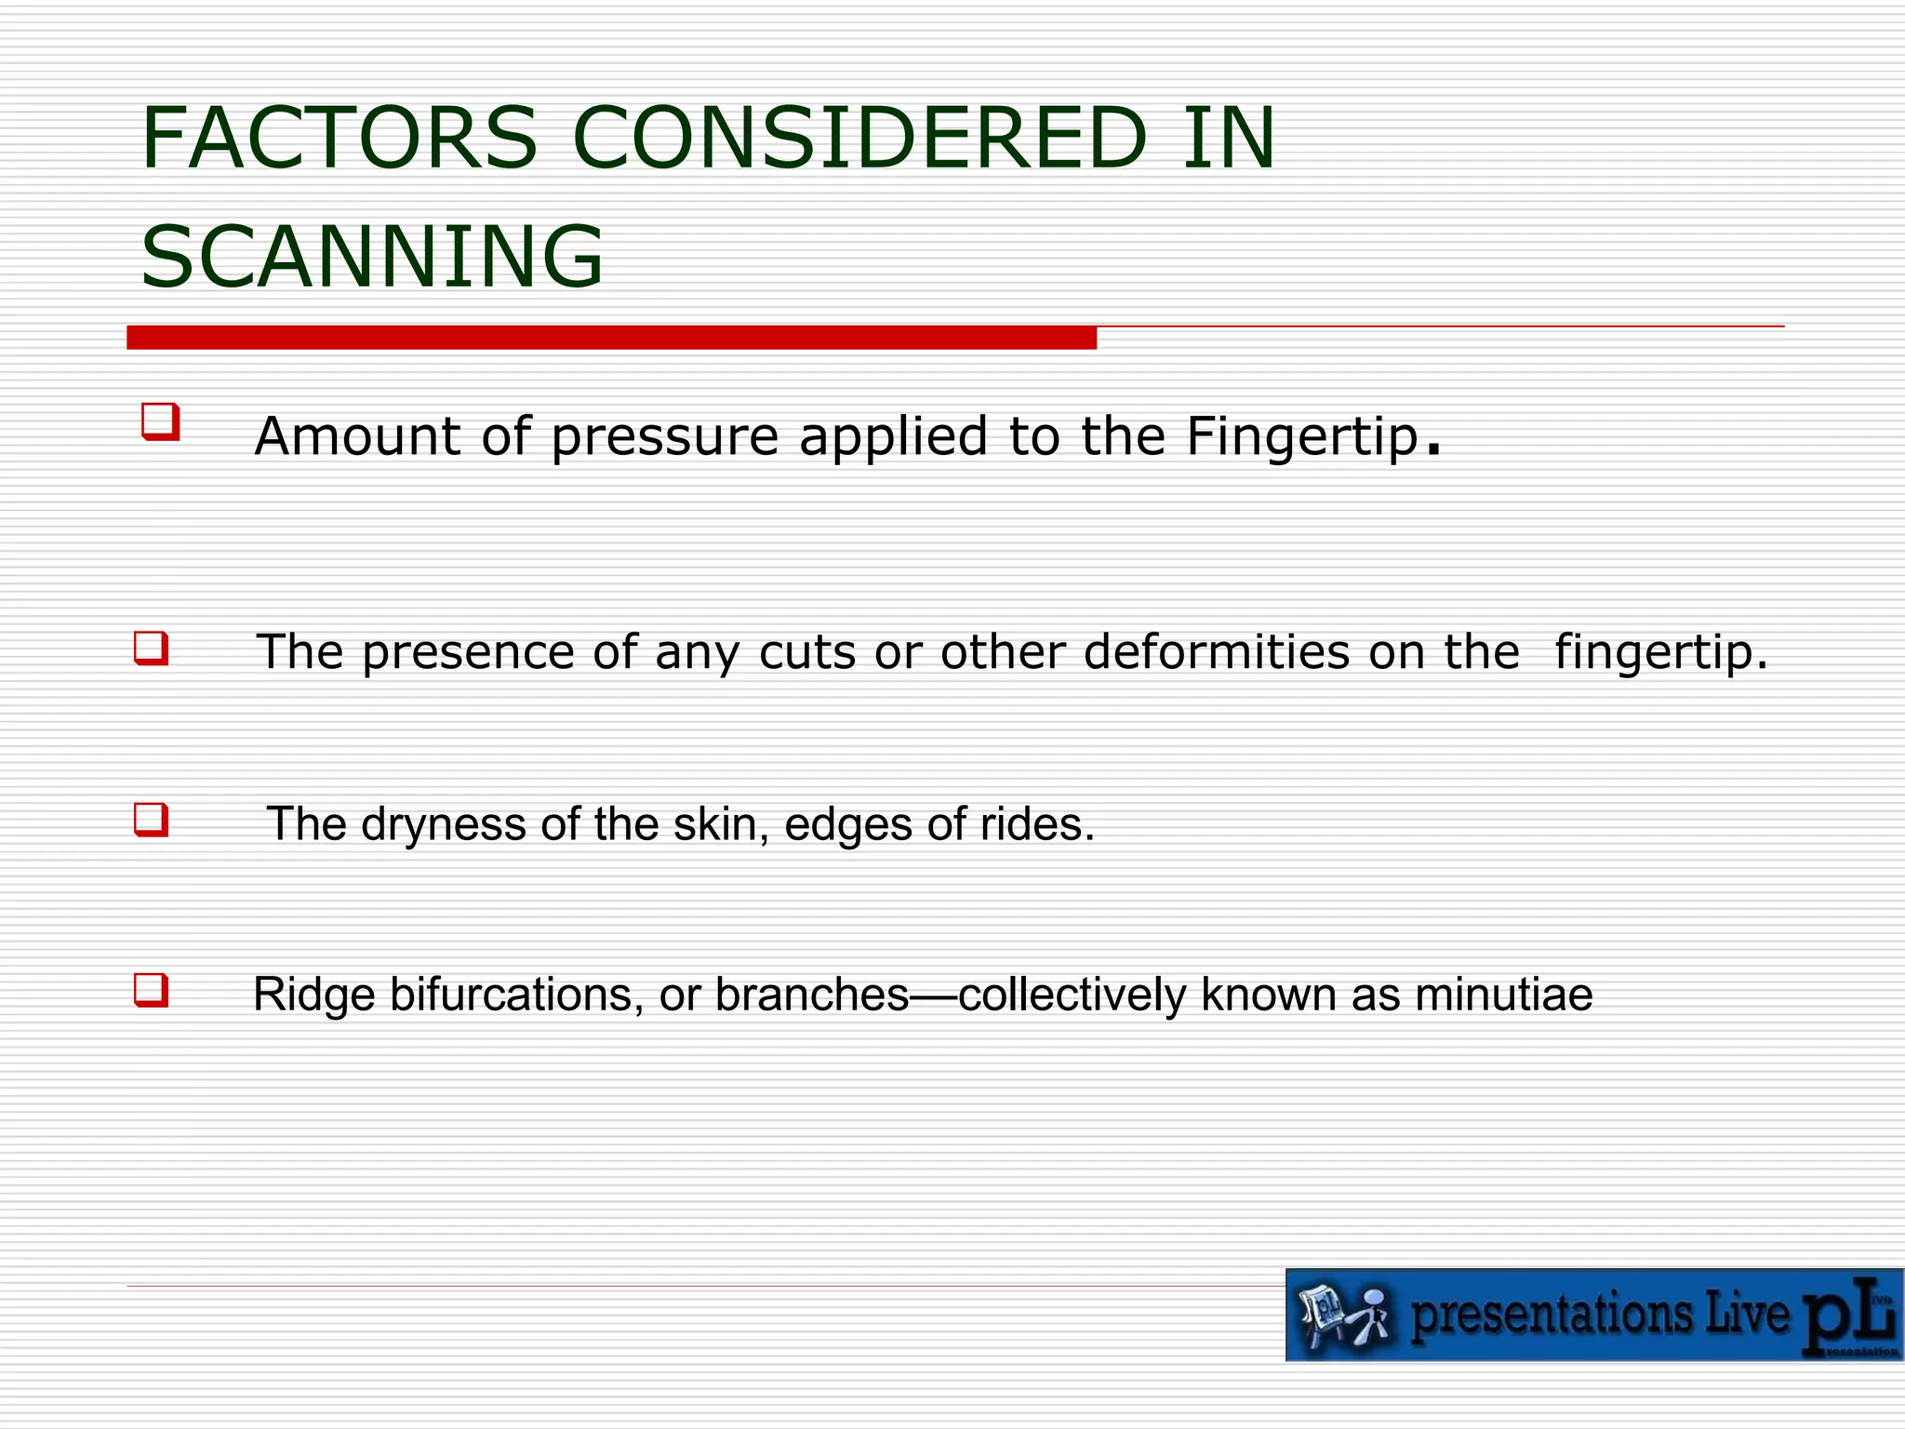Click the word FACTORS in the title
click(340, 139)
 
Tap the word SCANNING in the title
click(372, 257)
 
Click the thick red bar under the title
click(611, 338)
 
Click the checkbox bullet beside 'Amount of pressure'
click(160, 421)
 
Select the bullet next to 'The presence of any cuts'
click(152, 648)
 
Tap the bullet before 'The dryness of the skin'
click(152, 821)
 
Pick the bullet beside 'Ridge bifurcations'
click(152, 990)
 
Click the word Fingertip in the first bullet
click(1302, 437)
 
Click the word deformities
click(1217, 651)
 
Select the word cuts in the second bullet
click(806, 651)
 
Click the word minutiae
click(1504, 995)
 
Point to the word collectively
click(1072, 995)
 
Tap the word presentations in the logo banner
click(1552, 1315)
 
